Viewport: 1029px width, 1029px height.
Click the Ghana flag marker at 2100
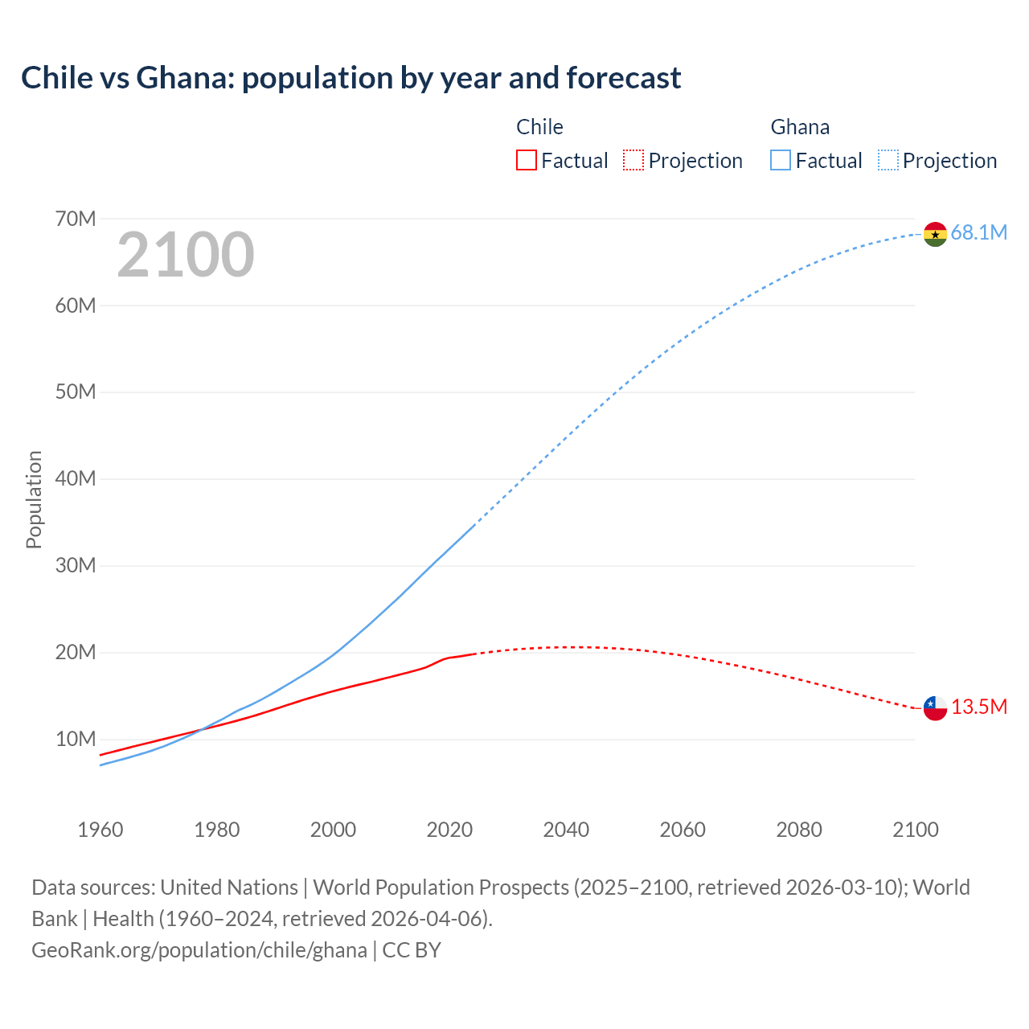(935, 234)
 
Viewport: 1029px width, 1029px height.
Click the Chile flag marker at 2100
(935, 707)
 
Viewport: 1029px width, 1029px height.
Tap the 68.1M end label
(978, 232)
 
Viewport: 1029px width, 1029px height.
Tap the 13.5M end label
(978, 707)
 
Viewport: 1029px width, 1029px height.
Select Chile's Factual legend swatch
(526, 160)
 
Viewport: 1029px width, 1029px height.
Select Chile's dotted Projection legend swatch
(633, 160)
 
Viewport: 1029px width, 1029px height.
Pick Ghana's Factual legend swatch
(780, 160)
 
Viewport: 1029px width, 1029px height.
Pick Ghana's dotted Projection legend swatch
(888, 160)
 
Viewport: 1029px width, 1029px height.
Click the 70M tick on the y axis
(76, 219)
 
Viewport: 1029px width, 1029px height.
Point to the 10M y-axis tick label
(76, 739)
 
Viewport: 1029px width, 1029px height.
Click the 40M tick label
(76, 478)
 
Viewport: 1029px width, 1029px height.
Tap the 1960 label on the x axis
(100, 830)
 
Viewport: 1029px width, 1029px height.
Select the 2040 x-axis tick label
(566, 830)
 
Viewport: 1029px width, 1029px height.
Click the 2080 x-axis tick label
(799, 830)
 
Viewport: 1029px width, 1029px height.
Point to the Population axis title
(34, 499)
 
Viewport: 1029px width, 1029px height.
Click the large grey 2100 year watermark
(186, 255)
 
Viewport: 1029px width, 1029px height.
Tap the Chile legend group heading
(539, 127)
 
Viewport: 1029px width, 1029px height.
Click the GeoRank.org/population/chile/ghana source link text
(199, 949)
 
